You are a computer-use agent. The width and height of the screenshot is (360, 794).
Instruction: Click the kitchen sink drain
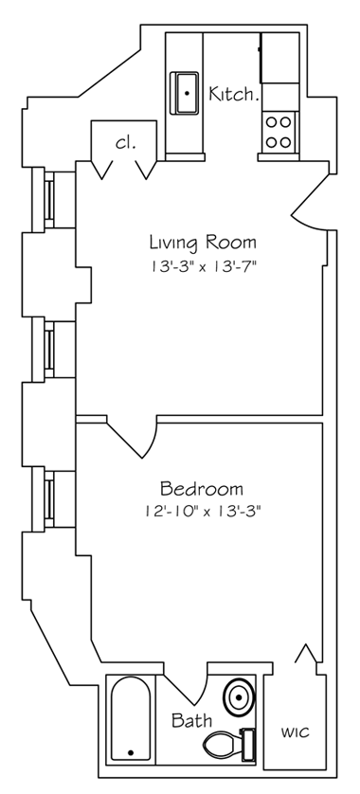tap(187, 93)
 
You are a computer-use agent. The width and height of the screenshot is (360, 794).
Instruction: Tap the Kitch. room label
tap(234, 94)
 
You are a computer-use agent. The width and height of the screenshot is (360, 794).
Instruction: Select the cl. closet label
tap(126, 143)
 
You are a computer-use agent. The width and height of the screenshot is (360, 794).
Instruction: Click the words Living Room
tap(203, 244)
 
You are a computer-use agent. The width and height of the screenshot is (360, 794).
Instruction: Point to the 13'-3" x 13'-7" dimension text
tap(202, 266)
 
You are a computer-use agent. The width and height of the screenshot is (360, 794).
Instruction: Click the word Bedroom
tap(202, 489)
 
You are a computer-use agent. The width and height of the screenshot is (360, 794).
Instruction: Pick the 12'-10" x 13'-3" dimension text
tap(202, 512)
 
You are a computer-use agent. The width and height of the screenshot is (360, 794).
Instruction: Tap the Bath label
tap(191, 720)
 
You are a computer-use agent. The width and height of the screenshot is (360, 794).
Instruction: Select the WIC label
tap(295, 732)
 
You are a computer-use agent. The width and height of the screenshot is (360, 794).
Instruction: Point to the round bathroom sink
tap(239, 697)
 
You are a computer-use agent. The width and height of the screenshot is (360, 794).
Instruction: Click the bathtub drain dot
tap(131, 753)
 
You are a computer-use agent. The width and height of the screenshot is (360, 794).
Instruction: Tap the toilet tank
tap(247, 744)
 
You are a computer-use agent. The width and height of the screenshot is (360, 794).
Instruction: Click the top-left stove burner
tap(271, 121)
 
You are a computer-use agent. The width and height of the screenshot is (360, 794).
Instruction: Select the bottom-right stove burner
tap(285, 142)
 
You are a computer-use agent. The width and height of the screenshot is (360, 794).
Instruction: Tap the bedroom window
tap(48, 498)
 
